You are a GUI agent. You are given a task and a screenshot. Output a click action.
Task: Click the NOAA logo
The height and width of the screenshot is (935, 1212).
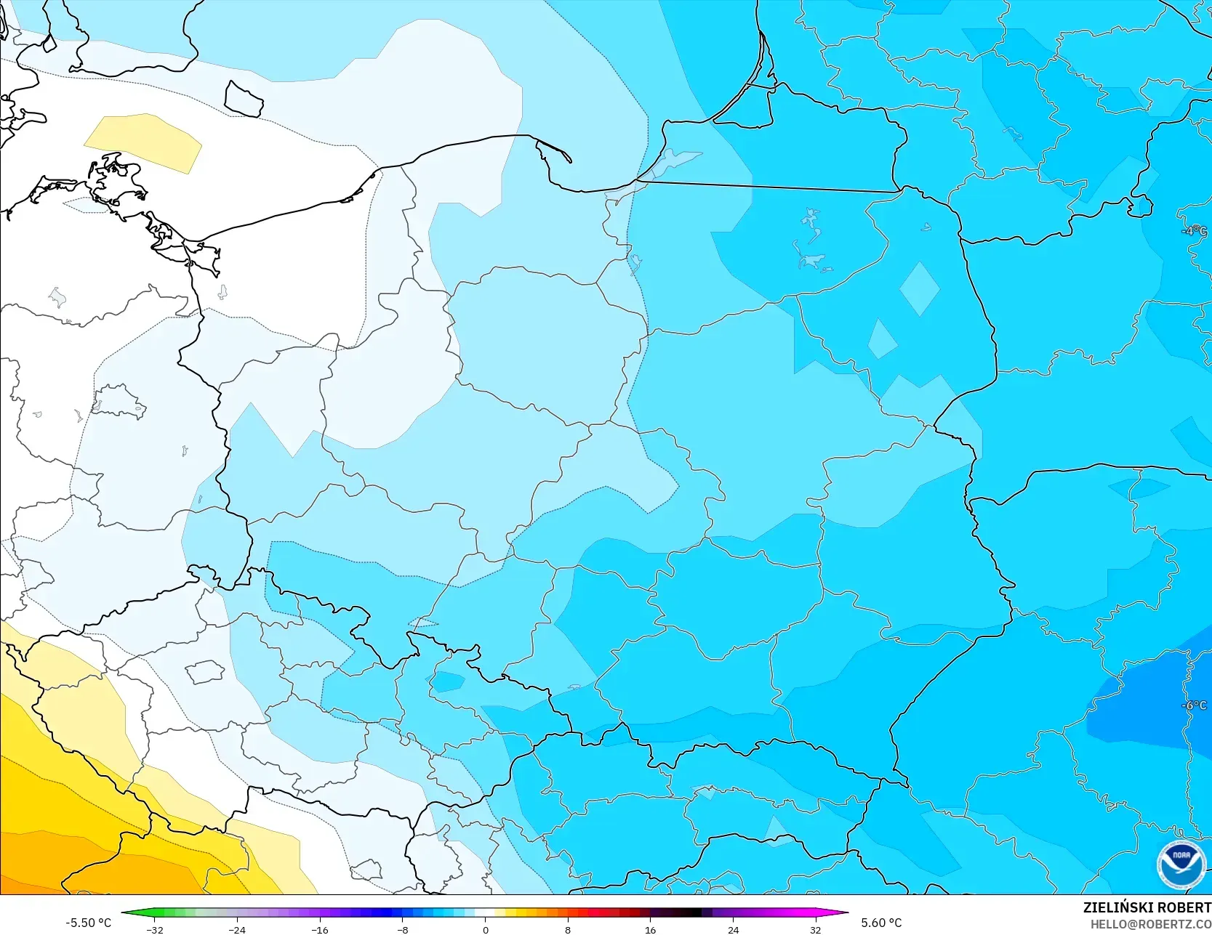[1181, 864]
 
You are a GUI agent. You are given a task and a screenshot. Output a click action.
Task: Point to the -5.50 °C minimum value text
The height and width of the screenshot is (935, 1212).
[88, 923]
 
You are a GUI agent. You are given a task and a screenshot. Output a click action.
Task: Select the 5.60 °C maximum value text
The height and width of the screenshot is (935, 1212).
[881, 923]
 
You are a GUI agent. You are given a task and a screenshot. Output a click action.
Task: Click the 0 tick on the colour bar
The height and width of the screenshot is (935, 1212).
[485, 929]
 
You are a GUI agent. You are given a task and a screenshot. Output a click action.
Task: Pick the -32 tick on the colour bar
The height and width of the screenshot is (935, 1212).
[154, 929]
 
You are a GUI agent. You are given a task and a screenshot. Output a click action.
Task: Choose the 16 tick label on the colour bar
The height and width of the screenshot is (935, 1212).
[650, 929]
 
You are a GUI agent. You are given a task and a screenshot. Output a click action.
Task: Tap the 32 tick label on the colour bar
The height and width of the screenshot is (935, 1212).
[815, 929]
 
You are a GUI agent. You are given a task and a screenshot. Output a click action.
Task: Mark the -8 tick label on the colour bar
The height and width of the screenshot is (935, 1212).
[402, 929]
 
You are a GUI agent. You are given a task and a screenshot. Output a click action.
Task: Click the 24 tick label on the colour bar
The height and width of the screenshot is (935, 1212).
[733, 929]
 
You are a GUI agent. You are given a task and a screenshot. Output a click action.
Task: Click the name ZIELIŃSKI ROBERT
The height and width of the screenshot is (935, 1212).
[1147, 907]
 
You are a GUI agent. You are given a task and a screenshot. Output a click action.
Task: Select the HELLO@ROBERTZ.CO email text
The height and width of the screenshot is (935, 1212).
[1150, 924]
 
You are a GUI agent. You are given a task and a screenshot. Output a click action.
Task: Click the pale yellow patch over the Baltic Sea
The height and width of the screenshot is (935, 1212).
[143, 142]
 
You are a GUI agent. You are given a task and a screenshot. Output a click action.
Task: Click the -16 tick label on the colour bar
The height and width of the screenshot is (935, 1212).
[319, 929]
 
